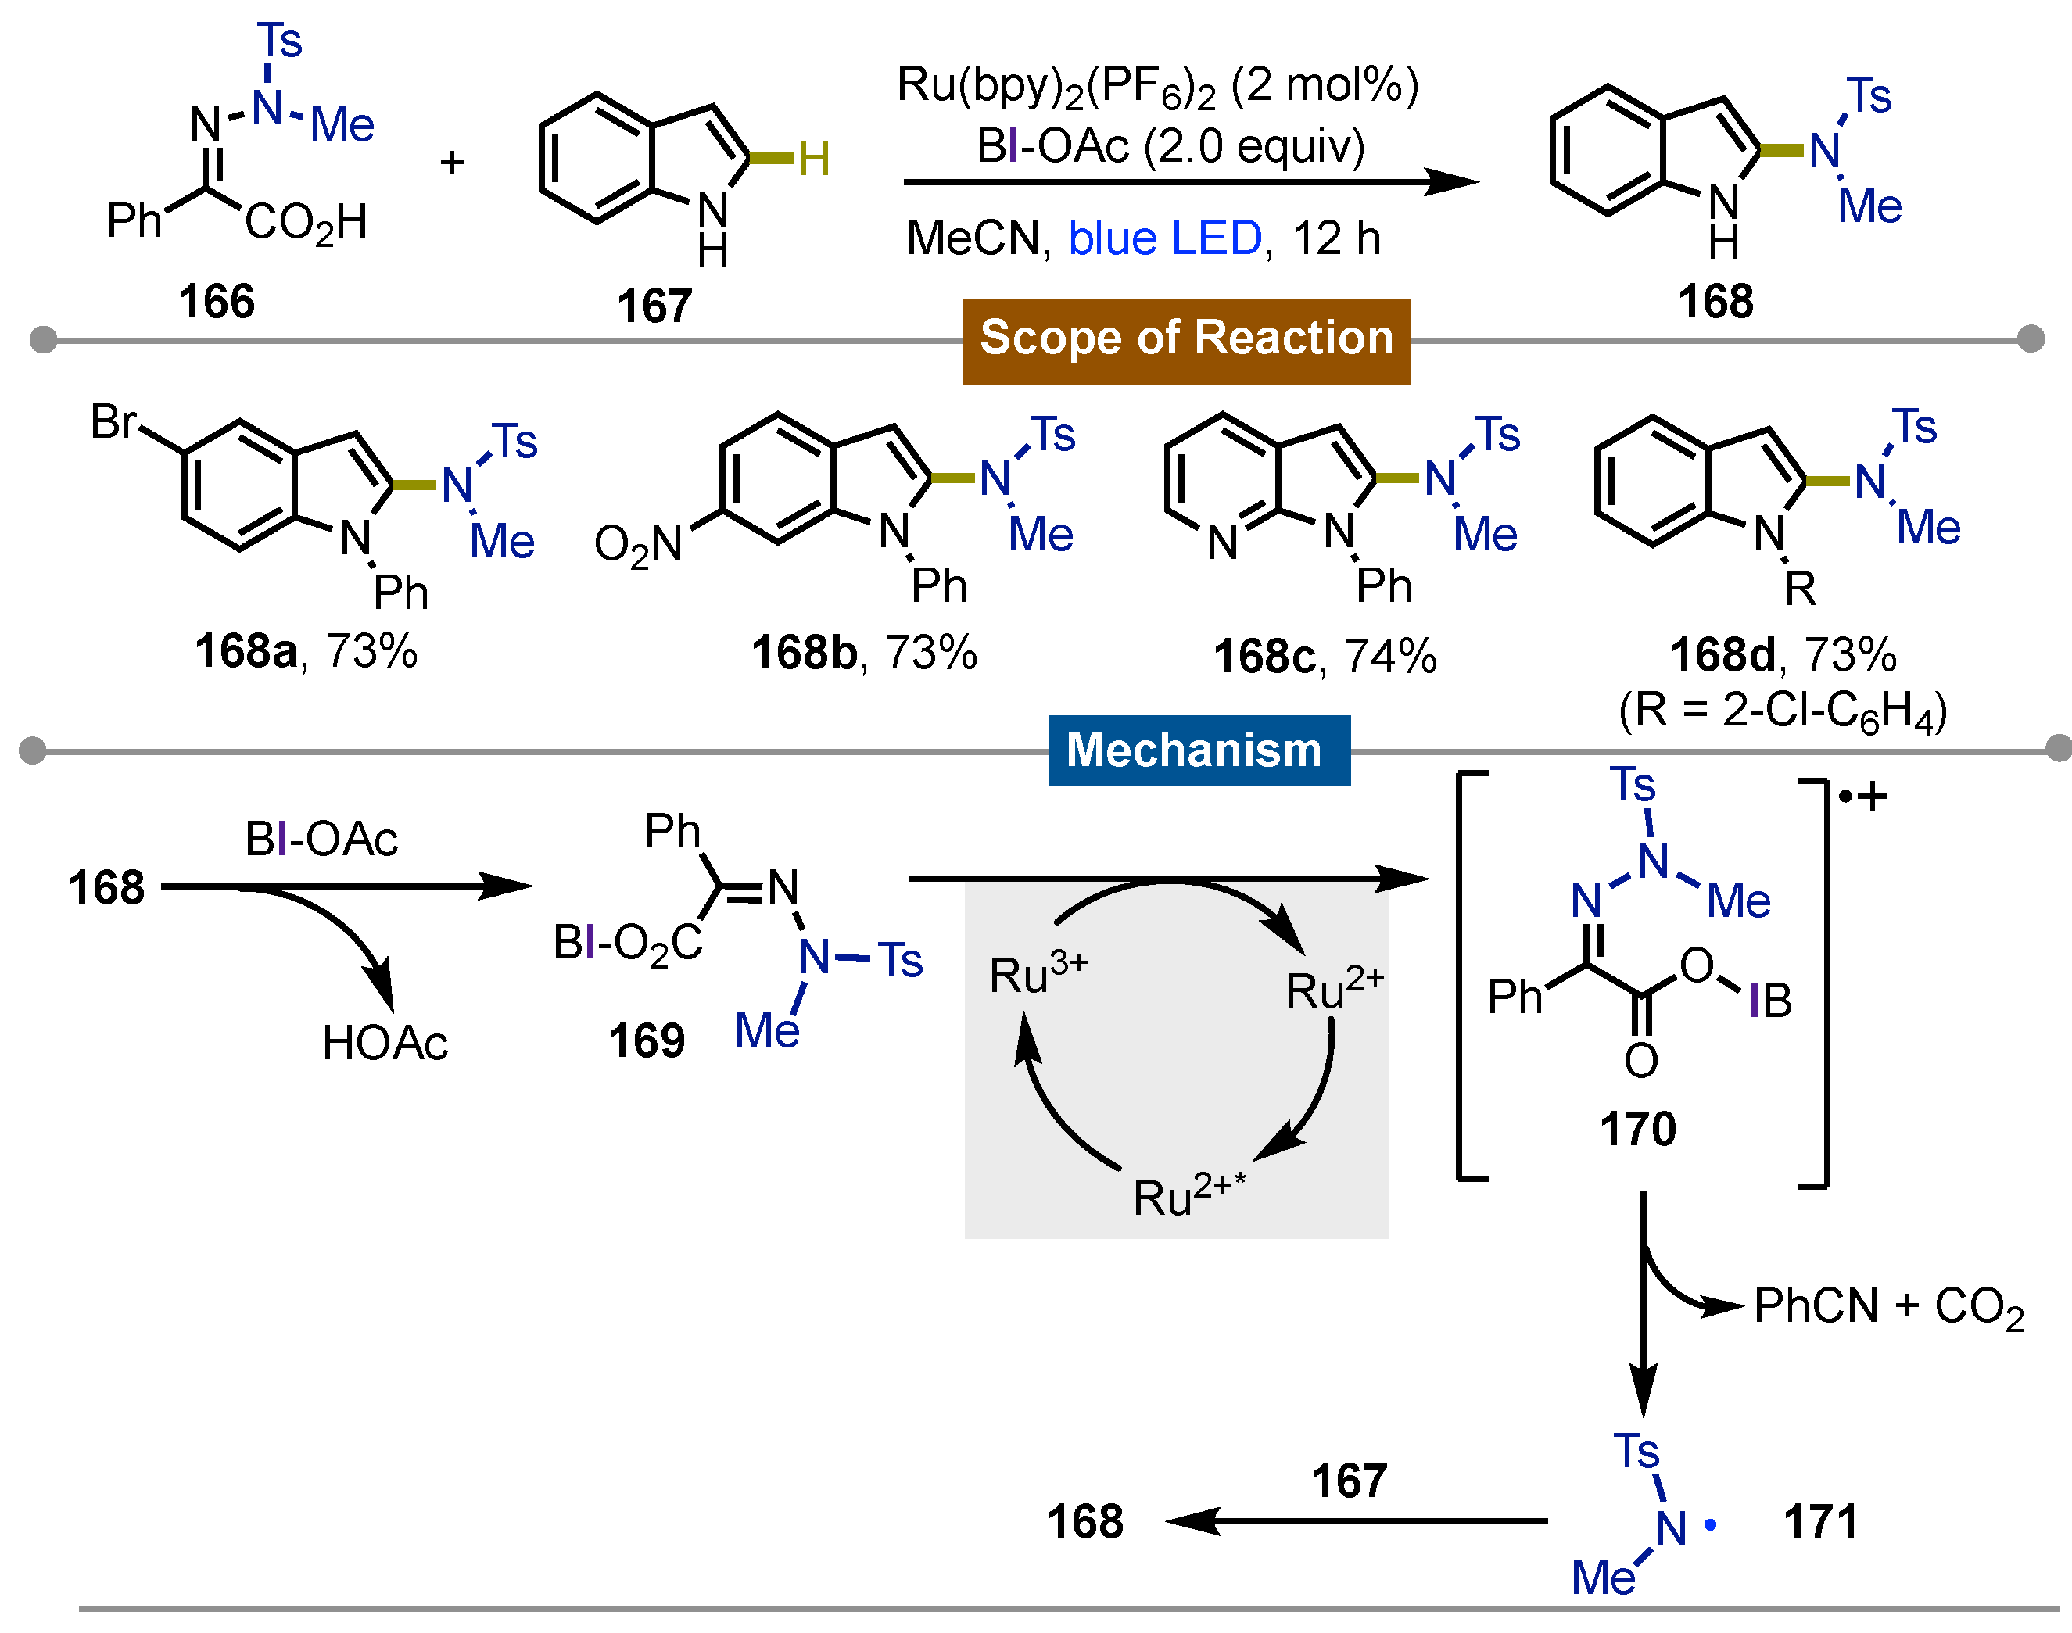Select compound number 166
[217, 301]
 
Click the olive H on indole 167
[814, 159]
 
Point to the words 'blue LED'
[1164, 238]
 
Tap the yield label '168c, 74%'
[1325, 657]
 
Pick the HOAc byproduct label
[385, 1042]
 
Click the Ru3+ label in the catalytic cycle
[1038, 976]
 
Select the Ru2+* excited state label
[1188, 1195]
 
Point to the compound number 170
[1638, 1129]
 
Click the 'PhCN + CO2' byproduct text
[1888, 1307]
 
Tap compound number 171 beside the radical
[1820, 1521]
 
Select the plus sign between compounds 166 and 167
[452, 163]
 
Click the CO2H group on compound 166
[306, 224]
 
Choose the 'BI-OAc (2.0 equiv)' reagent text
[1170, 146]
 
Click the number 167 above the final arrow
[1348, 1481]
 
